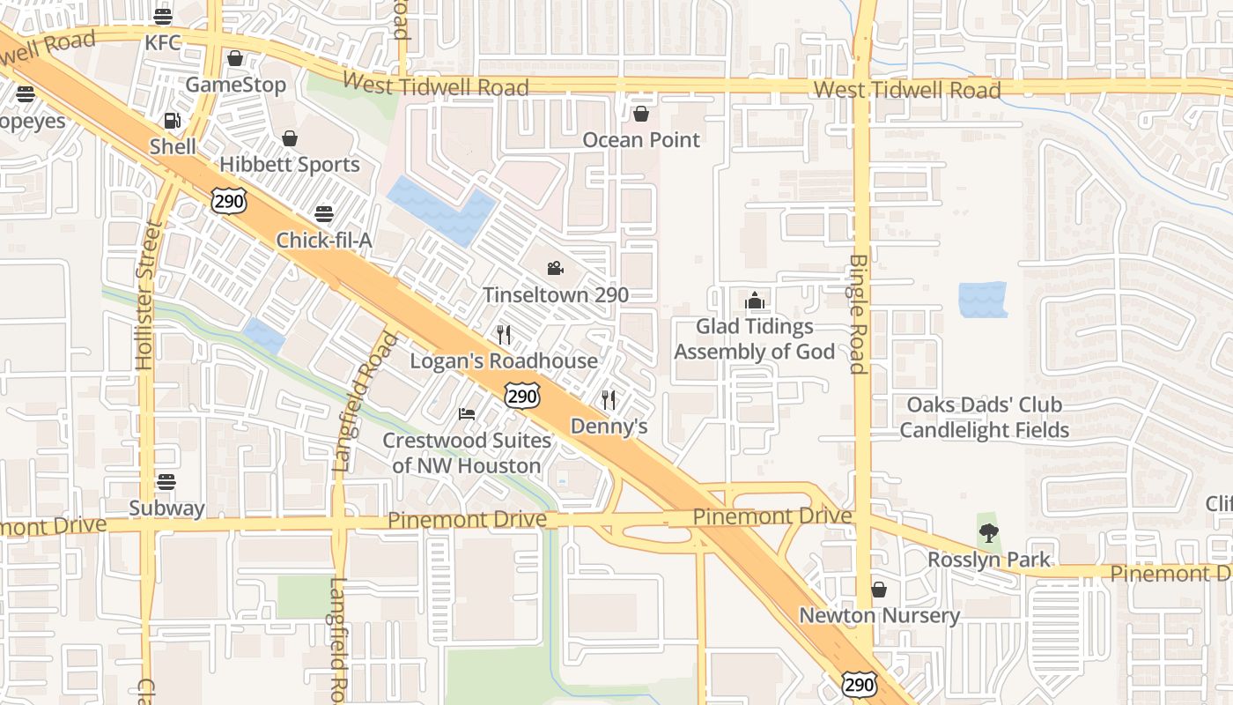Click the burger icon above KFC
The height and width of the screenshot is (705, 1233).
[163, 17]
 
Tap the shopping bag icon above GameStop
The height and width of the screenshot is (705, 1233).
[235, 59]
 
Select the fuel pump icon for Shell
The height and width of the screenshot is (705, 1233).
[172, 121]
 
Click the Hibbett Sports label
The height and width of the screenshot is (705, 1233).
[290, 165]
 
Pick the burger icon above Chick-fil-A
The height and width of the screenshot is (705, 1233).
[324, 214]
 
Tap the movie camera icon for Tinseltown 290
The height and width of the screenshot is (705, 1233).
[555, 269]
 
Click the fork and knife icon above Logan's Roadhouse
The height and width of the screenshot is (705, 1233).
[504, 335]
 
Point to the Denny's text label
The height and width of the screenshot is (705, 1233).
[609, 427]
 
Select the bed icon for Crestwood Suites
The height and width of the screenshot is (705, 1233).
[467, 414]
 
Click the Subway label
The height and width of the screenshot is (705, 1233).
[166, 508]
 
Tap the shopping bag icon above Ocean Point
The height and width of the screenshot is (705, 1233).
[641, 115]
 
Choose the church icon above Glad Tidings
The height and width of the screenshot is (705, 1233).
[754, 301]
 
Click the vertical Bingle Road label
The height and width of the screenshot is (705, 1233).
[859, 315]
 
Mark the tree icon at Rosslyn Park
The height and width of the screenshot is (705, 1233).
[989, 533]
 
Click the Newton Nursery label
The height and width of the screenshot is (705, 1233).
[879, 615]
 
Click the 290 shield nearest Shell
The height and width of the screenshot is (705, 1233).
[228, 201]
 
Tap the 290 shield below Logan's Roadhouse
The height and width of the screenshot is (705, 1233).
[522, 397]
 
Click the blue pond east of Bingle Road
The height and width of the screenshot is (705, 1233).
[982, 300]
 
